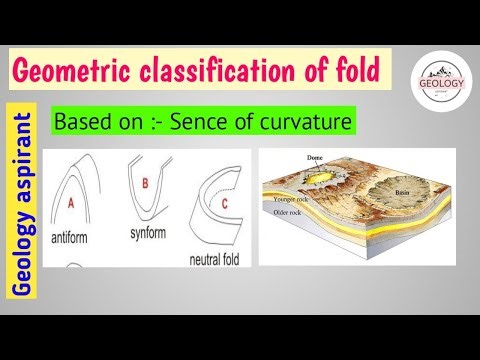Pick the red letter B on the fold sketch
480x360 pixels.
pyautogui.click(x=145, y=183)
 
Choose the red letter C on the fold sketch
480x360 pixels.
pyautogui.click(x=224, y=205)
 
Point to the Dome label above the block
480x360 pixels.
pyautogui.click(x=318, y=156)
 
